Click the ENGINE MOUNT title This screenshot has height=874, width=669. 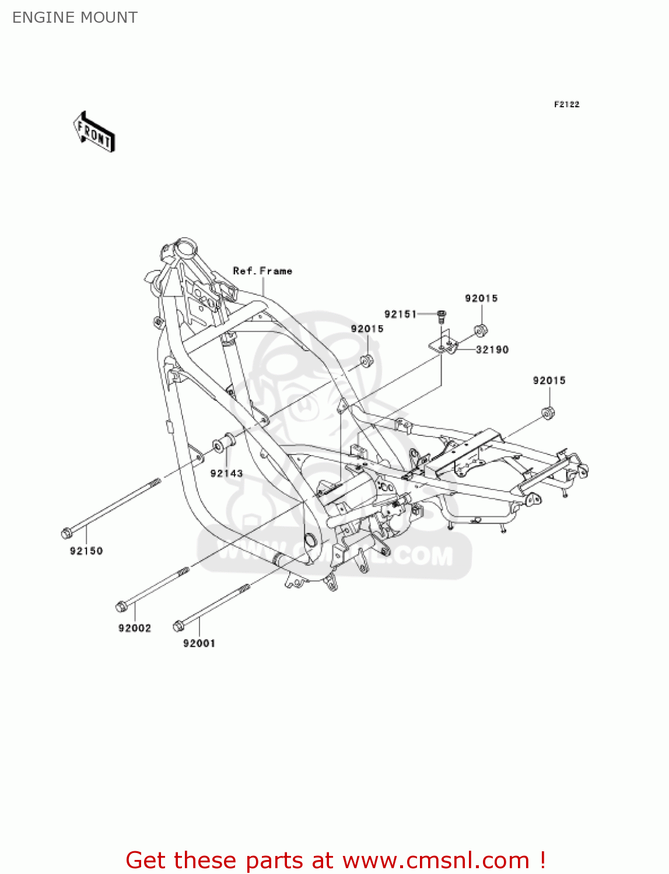coord(75,17)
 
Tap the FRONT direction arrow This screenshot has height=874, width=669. coord(93,132)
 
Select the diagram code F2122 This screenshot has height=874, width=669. coord(566,104)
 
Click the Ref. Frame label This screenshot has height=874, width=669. coord(262,271)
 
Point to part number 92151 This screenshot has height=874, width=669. coord(400,315)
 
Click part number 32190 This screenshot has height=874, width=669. coord(492,350)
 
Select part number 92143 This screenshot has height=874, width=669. coord(226,474)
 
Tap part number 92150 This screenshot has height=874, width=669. coord(86,551)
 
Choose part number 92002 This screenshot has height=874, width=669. coord(135,628)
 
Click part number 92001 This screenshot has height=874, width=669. coord(199,643)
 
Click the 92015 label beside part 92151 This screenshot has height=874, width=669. coord(481,298)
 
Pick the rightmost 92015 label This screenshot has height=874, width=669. coord(549,380)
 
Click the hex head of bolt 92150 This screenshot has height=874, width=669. coord(66,533)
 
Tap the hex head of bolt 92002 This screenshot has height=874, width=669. coord(121,607)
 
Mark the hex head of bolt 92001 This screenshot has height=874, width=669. coord(178,626)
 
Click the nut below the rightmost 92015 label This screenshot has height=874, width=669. coord(548,413)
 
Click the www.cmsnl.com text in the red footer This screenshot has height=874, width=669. coord(435,860)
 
